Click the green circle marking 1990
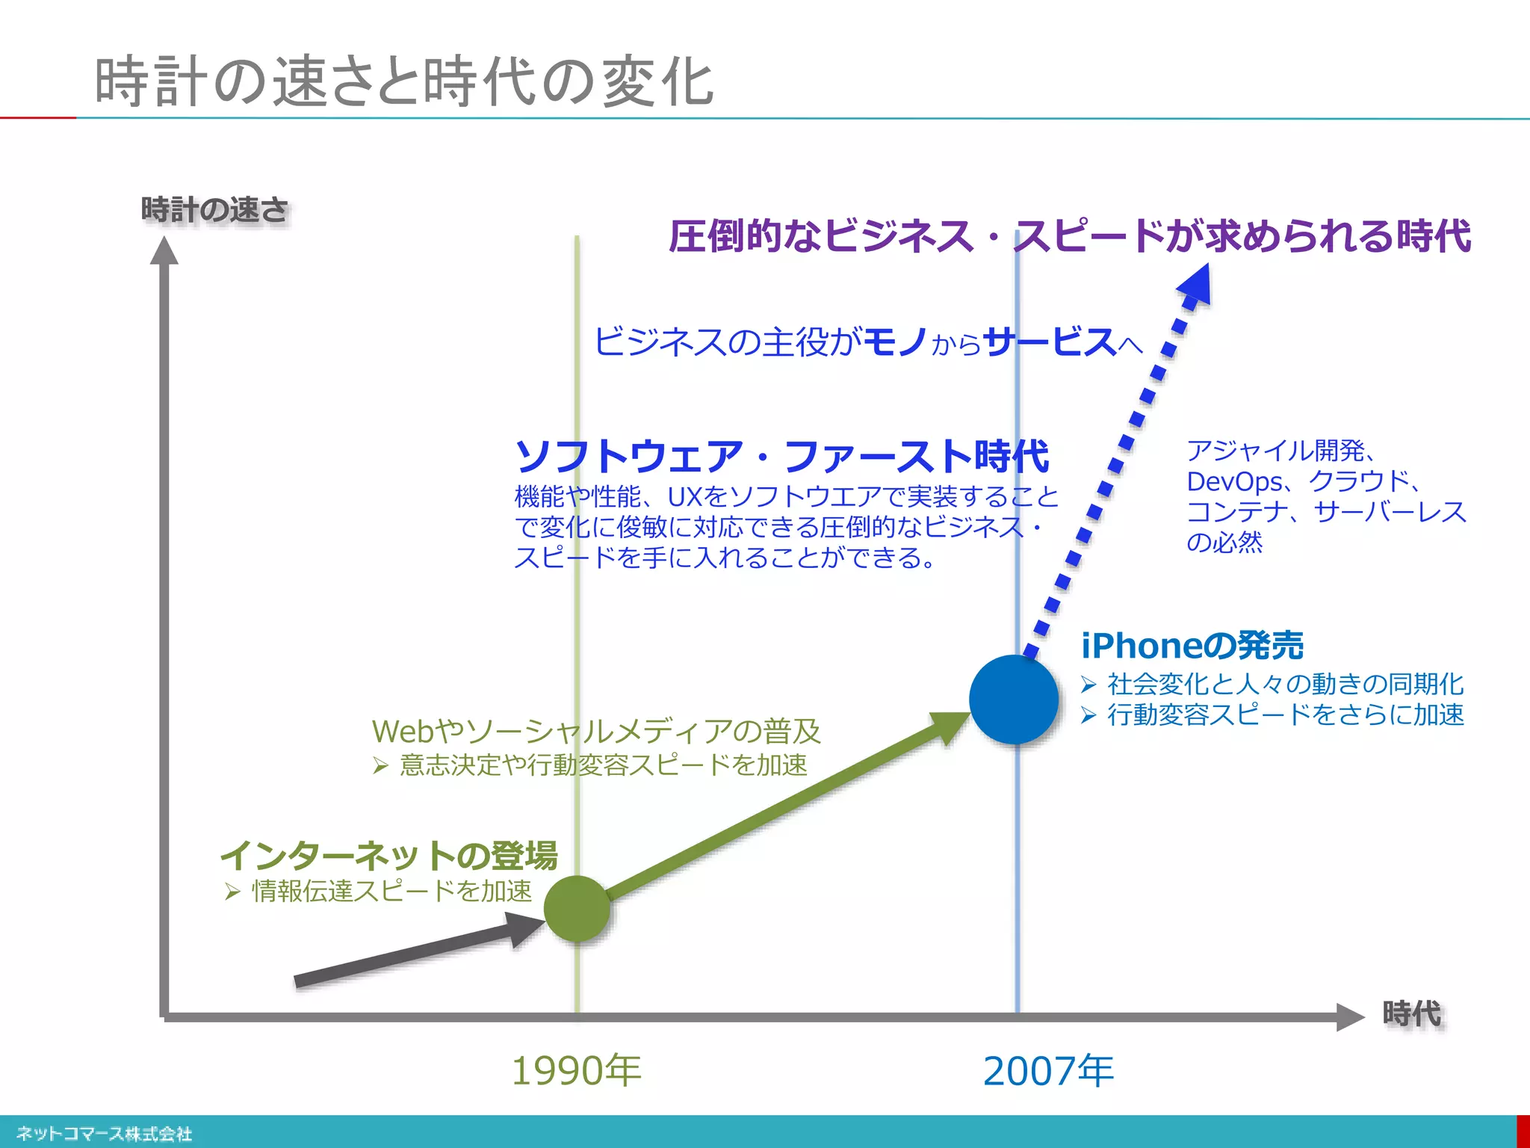[577, 908]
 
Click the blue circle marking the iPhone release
[1014, 699]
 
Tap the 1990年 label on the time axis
[576, 1070]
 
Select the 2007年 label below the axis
[1048, 1070]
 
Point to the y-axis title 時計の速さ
[214, 210]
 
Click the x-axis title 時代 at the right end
[1411, 1014]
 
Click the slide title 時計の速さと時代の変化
[404, 81]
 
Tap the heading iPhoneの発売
[1192, 646]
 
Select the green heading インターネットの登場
[389, 856]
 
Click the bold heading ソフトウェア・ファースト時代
[782, 456]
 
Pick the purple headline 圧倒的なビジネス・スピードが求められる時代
[1069, 236]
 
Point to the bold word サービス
[1050, 342]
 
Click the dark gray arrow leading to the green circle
[418, 953]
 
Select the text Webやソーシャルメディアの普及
[596, 731]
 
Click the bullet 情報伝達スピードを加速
[391, 891]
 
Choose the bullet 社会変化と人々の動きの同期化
[1285, 684]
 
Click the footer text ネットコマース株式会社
[105, 1134]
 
